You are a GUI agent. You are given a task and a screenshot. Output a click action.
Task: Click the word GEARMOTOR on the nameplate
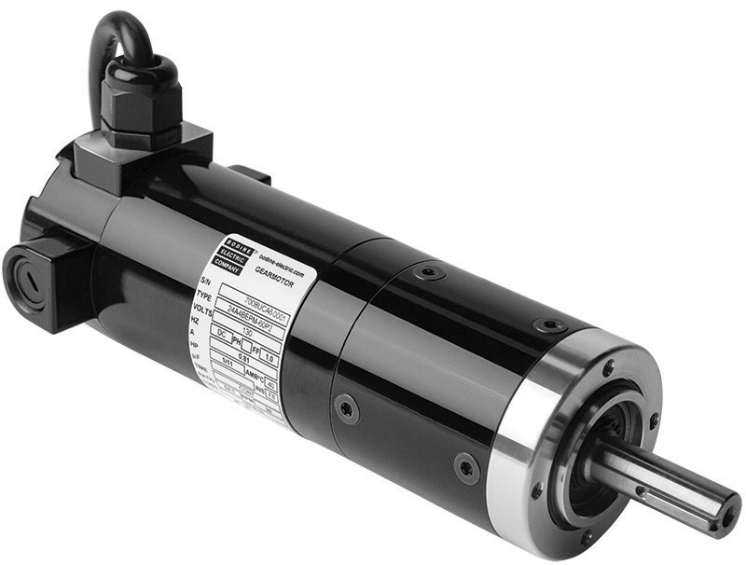point(275,269)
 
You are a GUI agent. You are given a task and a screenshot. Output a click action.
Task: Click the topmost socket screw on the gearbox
point(429,273)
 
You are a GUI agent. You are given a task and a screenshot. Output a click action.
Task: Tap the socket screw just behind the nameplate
point(347,408)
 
